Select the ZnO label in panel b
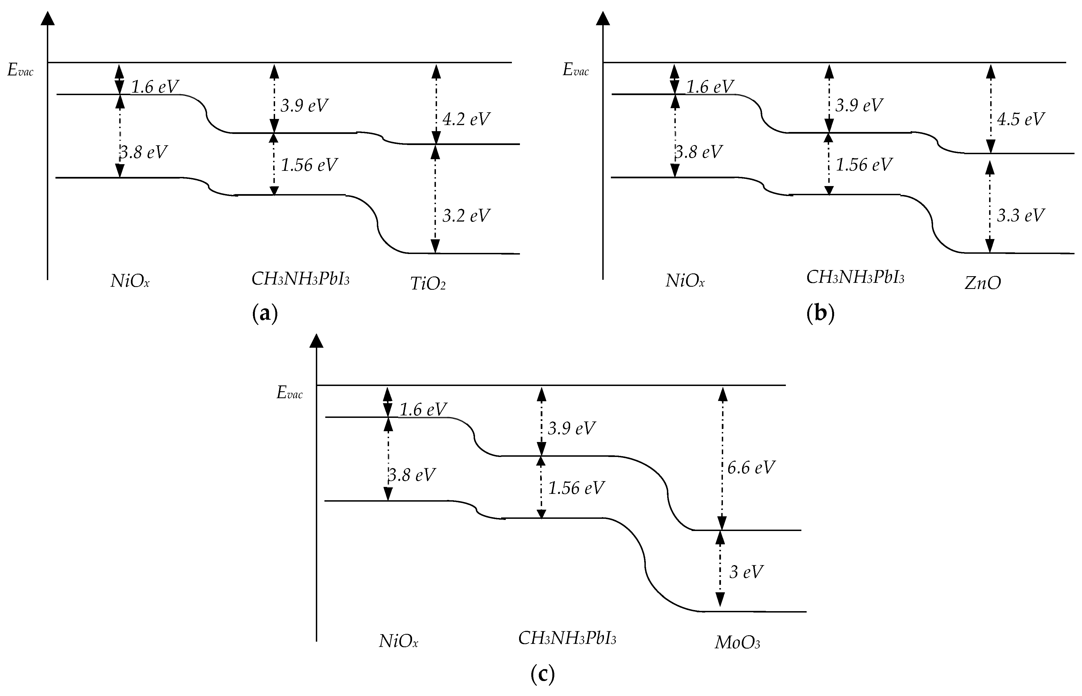click(x=982, y=283)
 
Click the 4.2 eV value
click(x=466, y=119)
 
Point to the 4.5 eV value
click(x=1020, y=119)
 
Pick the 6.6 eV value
click(x=751, y=467)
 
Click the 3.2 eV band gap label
click(x=466, y=215)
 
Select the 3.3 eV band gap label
click(x=1020, y=215)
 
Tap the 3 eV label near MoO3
click(x=746, y=572)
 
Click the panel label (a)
click(x=264, y=313)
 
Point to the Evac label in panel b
click(x=575, y=70)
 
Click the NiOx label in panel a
click(x=130, y=281)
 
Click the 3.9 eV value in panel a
click(x=304, y=106)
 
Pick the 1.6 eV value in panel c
click(x=423, y=410)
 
